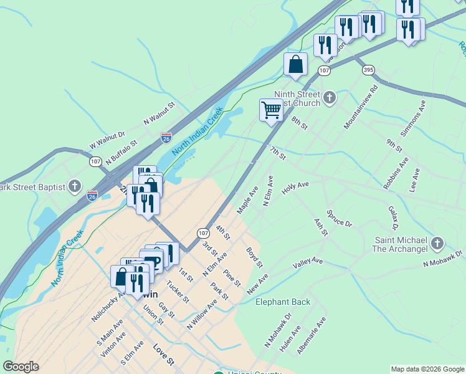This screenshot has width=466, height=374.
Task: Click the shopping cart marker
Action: tap(271, 110)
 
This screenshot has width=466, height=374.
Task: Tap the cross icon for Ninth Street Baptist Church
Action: tap(329, 98)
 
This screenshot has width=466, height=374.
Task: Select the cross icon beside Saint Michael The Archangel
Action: tap(437, 243)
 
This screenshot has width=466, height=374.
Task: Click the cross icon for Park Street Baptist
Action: tap(75, 186)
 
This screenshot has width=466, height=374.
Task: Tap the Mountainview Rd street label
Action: tap(361, 107)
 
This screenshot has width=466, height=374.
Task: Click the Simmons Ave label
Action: tap(413, 117)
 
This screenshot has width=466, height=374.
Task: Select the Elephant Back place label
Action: tap(283, 302)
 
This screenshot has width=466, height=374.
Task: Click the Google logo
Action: tap(21, 367)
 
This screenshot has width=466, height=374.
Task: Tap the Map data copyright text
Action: tap(427, 369)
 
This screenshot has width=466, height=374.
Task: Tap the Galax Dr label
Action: tap(394, 218)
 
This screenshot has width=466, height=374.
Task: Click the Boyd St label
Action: tap(254, 257)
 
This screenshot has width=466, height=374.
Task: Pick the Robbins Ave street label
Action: tap(396, 173)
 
